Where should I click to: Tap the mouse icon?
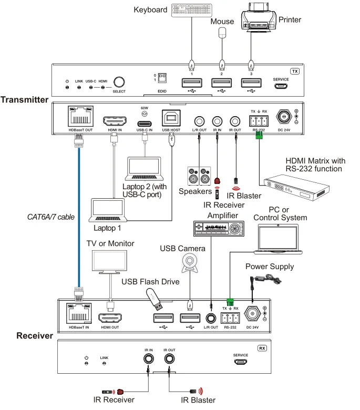(222, 34)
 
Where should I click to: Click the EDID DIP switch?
(162, 78)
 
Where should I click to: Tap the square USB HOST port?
(172, 120)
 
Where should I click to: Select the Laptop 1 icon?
(109, 211)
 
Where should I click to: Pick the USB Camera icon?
(190, 262)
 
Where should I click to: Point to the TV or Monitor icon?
(109, 261)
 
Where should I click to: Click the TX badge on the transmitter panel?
(294, 71)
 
